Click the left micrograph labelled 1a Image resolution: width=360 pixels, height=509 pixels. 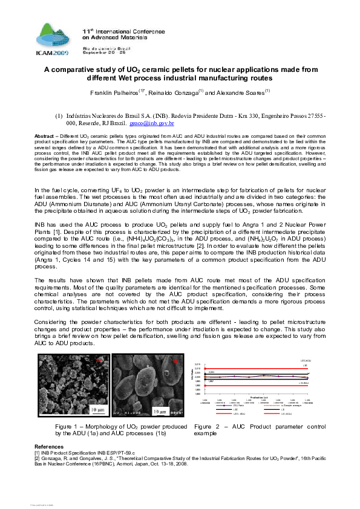pyautogui.click(x=72, y=386)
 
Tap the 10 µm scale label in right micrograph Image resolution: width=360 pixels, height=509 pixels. pyautogui.click(x=159, y=412)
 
